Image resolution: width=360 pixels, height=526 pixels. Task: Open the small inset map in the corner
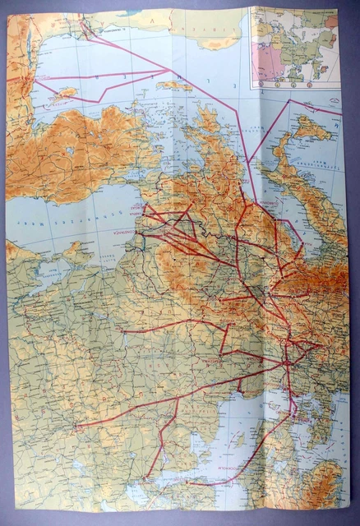[x=294, y=45]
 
